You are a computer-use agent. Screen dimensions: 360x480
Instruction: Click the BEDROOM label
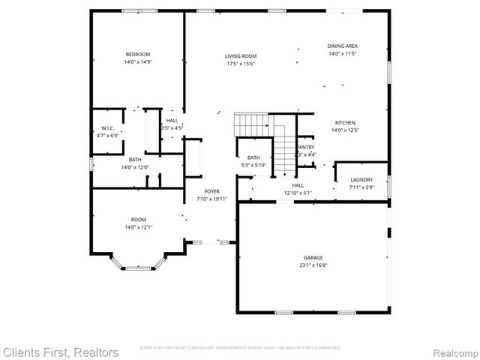point(138,54)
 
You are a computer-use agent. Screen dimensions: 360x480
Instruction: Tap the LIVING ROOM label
point(241,56)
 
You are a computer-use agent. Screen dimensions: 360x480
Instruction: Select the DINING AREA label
point(342,46)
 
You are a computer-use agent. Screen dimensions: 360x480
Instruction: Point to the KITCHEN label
point(345,122)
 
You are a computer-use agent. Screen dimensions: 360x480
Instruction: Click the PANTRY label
point(306,147)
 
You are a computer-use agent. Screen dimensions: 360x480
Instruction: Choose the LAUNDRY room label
point(361,179)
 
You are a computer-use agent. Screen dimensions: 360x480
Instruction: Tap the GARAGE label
point(313,256)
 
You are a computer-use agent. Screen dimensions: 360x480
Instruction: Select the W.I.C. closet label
point(107,127)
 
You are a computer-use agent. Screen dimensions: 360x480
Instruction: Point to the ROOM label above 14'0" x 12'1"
point(137,218)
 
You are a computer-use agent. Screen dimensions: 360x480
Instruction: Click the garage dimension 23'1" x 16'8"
point(313,265)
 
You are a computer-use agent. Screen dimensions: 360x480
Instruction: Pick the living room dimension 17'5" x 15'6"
point(241,64)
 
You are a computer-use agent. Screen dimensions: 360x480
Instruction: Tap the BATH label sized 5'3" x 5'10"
point(253,157)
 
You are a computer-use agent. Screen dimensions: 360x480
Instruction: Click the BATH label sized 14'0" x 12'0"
point(135,160)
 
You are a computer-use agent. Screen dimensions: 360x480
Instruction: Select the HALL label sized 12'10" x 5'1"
point(298,184)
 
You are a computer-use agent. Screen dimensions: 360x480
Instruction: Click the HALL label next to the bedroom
point(172,120)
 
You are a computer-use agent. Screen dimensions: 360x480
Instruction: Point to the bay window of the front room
point(137,264)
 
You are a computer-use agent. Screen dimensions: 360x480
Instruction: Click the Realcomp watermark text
point(454,351)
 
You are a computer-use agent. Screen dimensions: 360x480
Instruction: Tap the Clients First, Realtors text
point(60,351)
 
